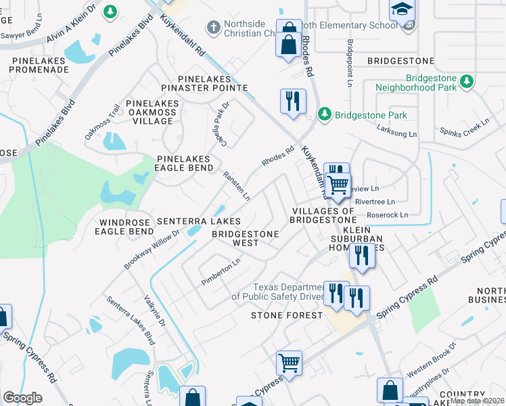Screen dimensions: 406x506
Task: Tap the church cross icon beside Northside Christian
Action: (x=214, y=28)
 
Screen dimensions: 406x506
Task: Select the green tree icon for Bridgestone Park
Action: (x=325, y=114)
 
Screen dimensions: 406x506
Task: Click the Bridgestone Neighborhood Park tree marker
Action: (x=465, y=82)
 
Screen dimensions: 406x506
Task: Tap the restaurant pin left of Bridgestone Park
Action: (x=293, y=101)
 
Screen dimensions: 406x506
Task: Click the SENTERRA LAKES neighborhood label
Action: (x=198, y=221)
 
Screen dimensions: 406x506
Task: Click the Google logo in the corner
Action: (x=22, y=398)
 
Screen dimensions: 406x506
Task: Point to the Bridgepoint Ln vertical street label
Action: (x=350, y=63)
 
